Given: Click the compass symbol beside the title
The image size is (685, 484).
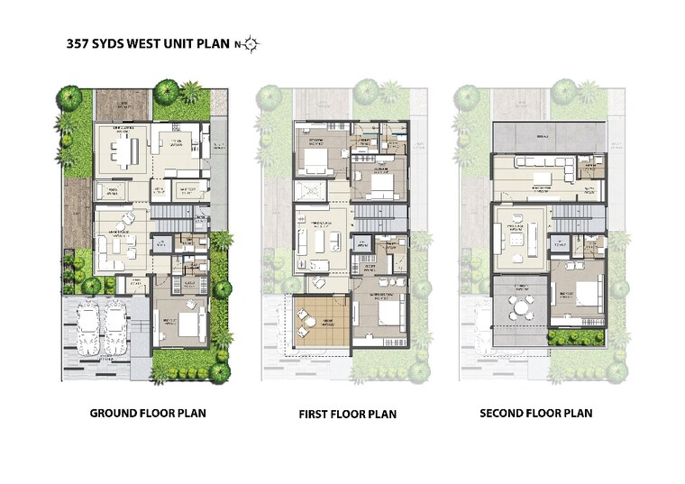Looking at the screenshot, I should click(x=250, y=43).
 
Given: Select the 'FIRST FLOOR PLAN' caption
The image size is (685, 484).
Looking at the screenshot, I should click(x=347, y=415).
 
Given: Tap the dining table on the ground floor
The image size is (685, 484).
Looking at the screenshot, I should click(x=123, y=151).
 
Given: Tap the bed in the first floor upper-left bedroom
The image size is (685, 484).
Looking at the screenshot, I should click(x=315, y=160).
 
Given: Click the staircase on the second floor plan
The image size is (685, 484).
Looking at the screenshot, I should click(x=571, y=216).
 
